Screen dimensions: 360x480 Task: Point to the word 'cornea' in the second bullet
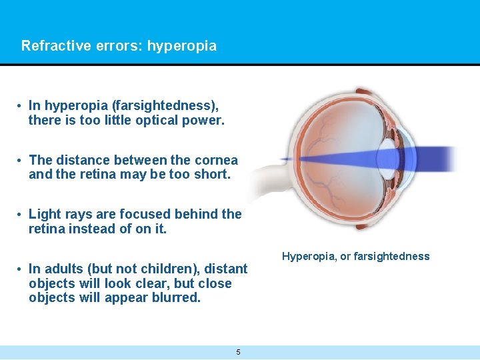[216, 160]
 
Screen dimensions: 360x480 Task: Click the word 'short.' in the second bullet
[213, 175]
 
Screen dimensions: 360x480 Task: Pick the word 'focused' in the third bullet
[143, 214]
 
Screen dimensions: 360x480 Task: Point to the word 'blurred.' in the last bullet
[176, 298]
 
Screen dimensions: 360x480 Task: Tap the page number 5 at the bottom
[239, 352]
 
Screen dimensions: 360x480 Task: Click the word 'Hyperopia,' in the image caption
[307, 256]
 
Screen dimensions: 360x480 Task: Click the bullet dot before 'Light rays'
[21, 214]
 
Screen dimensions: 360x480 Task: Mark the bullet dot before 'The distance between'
[21, 160]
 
